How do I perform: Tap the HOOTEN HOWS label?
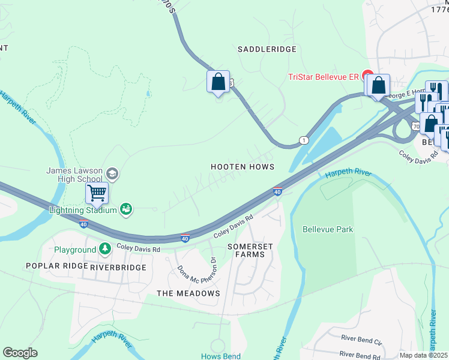(243, 166)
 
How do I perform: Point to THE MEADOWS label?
(188, 293)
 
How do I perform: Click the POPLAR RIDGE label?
(53, 266)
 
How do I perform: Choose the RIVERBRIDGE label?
(118, 267)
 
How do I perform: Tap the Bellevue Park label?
(328, 229)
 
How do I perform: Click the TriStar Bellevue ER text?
(324, 77)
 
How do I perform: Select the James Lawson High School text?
(75, 175)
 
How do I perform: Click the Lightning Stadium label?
(83, 209)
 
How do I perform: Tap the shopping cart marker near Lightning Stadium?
(97, 194)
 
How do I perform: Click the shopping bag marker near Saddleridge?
(218, 82)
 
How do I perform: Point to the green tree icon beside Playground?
(105, 248)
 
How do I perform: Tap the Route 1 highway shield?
(304, 140)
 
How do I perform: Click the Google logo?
(20, 352)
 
